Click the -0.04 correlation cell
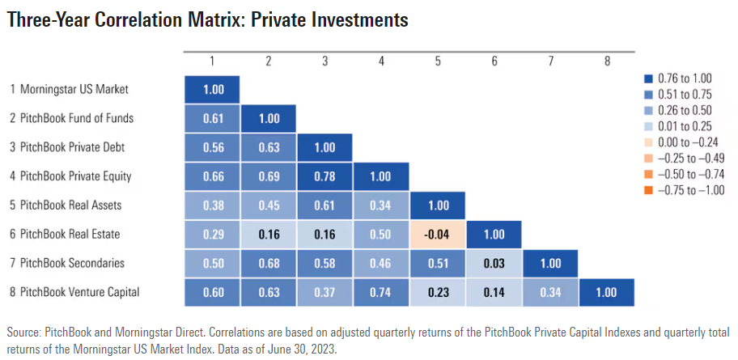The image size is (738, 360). (438, 234)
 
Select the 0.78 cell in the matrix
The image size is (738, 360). (325, 176)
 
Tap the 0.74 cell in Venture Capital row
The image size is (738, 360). (381, 292)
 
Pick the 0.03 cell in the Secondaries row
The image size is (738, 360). (494, 263)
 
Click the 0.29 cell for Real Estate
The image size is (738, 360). (212, 234)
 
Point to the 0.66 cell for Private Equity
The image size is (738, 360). (212, 176)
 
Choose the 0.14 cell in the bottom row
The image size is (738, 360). (494, 292)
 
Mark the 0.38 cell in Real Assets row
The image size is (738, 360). (212, 205)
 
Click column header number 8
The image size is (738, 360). (607, 61)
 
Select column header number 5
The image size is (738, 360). (438, 61)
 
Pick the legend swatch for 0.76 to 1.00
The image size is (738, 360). (647, 78)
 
